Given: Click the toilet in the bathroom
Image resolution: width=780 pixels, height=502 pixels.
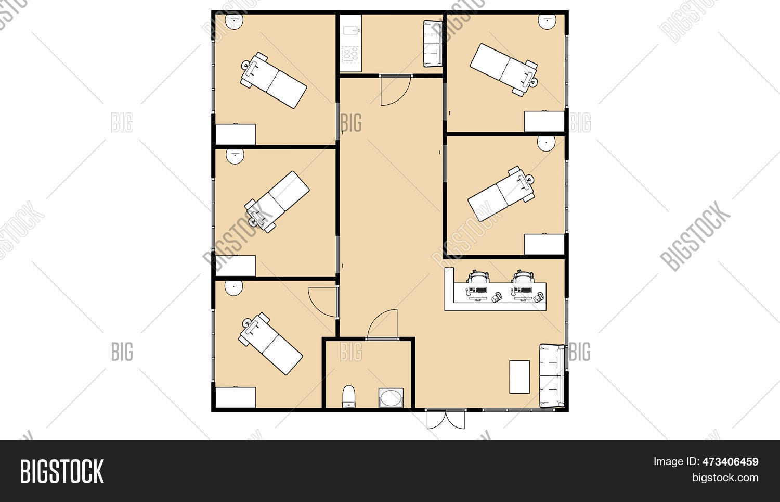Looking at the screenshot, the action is (x=348, y=396).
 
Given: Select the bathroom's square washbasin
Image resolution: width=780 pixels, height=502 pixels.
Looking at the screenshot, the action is (x=391, y=398).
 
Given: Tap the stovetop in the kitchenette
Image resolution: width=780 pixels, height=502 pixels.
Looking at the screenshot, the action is (x=350, y=55).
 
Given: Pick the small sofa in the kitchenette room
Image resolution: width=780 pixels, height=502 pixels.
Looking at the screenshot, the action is (x=433, y=44).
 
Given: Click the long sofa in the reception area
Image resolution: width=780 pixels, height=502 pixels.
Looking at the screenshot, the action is (x=552, y=376).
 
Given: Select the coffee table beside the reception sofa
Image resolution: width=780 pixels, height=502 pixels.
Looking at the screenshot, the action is (x=519, y=377).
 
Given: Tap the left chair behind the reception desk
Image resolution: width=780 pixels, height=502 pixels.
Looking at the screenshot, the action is (x=478, y=277).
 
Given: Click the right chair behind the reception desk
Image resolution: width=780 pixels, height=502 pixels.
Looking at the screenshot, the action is (x=523, y=277).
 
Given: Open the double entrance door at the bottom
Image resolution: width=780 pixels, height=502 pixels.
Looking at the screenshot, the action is (x=446, y=419).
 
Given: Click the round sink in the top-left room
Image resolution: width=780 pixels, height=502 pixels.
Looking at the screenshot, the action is (x=234, y=22).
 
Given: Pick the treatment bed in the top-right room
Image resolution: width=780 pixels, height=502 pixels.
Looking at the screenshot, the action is (x=504, y=70).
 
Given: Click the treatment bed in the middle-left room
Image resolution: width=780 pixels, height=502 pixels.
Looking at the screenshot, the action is (x=277, y=202).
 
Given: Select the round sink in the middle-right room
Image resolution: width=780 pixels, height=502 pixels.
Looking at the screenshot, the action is (x=546, y=143).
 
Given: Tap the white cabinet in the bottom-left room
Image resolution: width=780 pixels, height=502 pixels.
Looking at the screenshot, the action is (x=236, y=397).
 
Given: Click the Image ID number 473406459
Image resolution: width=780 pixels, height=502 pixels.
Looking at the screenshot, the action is (x=730, y=461).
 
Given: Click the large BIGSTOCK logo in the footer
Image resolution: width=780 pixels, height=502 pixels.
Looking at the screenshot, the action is (x=62, y=471).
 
